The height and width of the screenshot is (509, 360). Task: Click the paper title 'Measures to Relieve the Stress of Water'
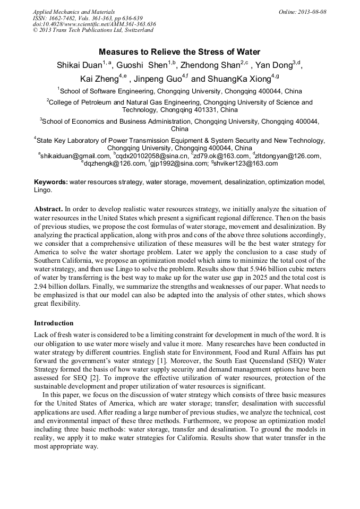coord(179,52)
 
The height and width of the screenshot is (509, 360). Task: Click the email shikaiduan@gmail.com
coord(74,156)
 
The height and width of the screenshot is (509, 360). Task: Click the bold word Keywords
coord(51,182)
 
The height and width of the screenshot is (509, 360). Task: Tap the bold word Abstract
coord(49,209)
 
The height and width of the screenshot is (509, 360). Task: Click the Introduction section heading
coord(54,323)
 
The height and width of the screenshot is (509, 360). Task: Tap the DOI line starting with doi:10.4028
coord(95,24)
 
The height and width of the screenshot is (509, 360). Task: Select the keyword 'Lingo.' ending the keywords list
coord(43,189)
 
